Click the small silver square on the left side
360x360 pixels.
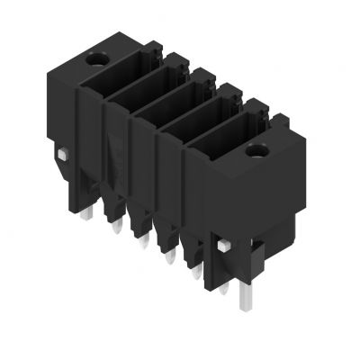coord(59,157)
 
